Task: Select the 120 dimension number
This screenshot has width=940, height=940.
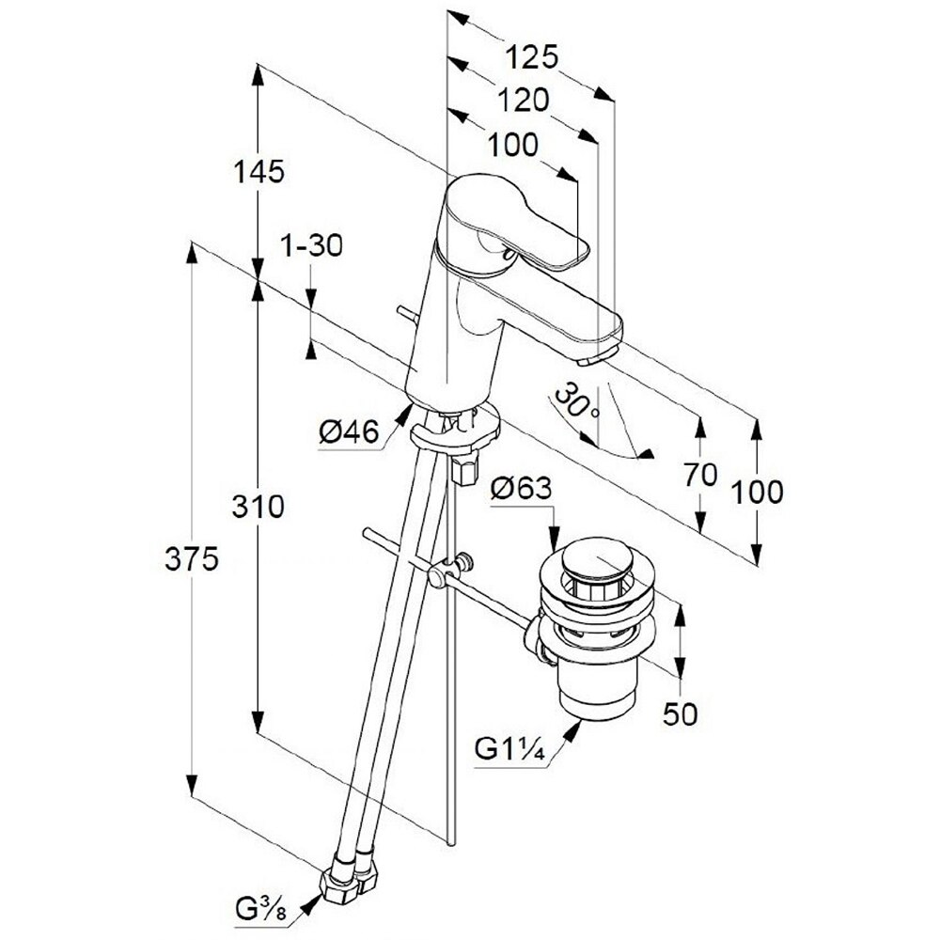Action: (524, 100)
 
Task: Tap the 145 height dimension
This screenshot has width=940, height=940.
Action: (258, 172)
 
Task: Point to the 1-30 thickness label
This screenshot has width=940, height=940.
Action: (311, 246)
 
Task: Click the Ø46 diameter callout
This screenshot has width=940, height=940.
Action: (348, 432)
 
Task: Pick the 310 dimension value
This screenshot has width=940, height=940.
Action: (258, 508)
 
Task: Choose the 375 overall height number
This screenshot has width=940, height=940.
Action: (191, 559)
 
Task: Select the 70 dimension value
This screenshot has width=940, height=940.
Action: (701, 475)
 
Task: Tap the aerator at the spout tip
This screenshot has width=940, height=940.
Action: (594, 358)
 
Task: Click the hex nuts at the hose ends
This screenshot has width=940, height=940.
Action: (350, 880)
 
